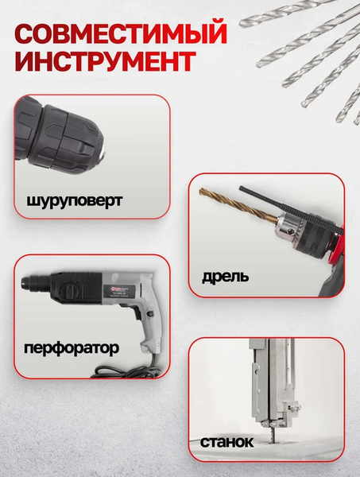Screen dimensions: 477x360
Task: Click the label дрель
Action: click(x=225, y=277)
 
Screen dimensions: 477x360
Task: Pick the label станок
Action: click(x=226, y=440)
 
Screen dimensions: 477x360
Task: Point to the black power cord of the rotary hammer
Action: click(x=119, y=370)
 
